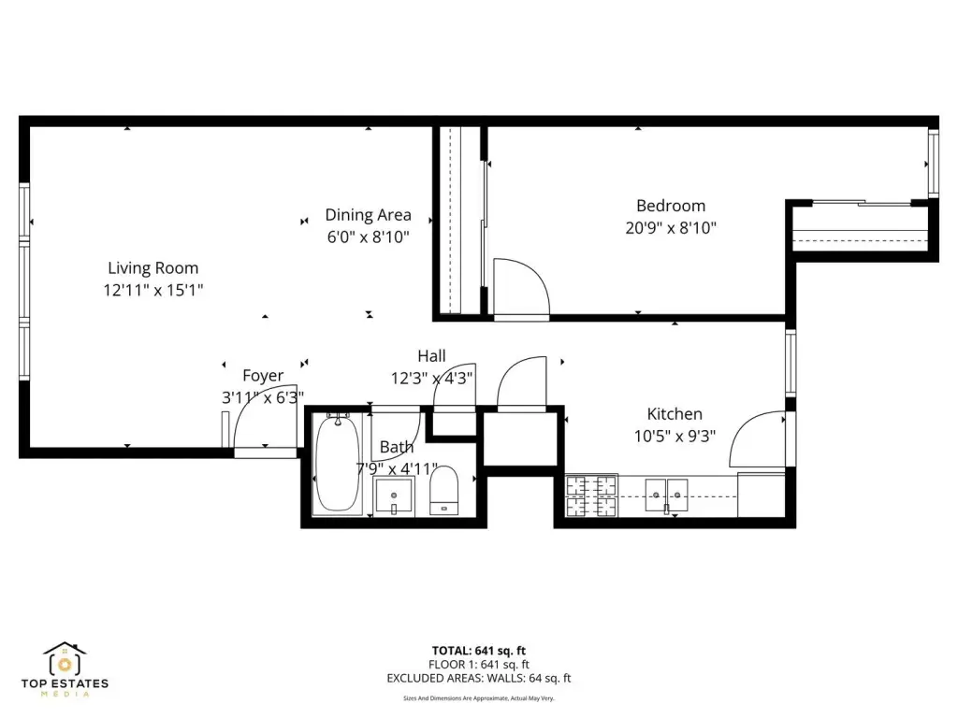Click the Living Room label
coord(152,268)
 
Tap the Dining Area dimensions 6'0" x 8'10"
coord(368,237)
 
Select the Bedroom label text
coord(671,206)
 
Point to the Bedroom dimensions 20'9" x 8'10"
coord(671,228)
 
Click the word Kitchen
coord(675,414)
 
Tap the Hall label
coord(431,356)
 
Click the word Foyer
coord(263,376)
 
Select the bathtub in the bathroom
coord(338,462)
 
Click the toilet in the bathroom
coord(444,490)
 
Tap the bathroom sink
coord(394,495)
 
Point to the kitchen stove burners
coord(591,495)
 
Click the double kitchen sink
coord(666,495)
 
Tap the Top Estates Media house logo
coord(65,659)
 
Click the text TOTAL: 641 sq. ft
coord(479,651)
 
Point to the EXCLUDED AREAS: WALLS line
coord(479,679)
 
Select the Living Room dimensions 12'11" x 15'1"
coord(152,290)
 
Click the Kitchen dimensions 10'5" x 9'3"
coord(675,436)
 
